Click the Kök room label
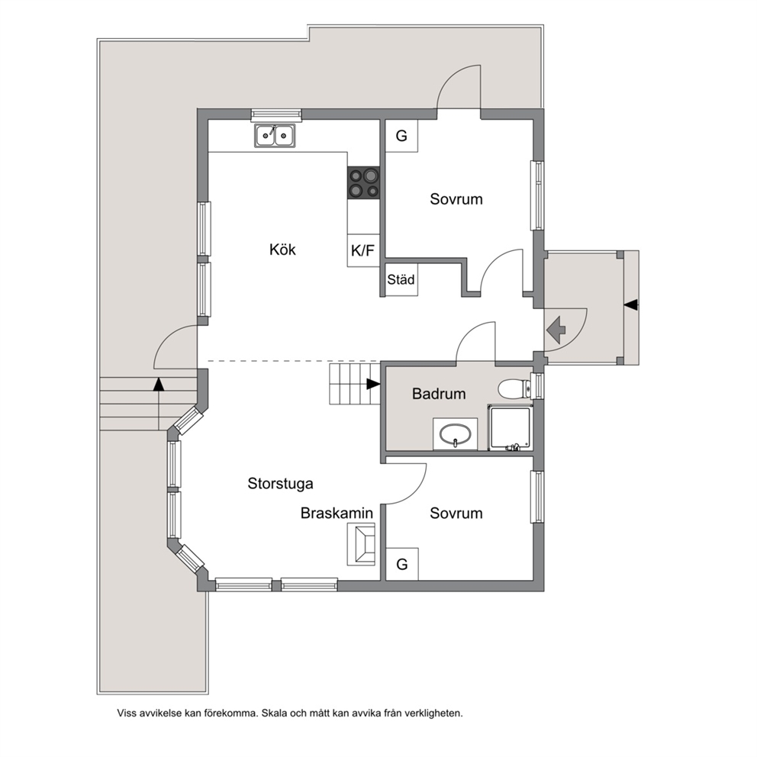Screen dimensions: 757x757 click(282, 250)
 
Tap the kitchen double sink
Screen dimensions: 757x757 click(275, 135)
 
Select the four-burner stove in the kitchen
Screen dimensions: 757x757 click(363, 182)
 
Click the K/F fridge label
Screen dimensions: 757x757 click(362, 250)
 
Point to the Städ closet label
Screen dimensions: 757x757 click(401, 279)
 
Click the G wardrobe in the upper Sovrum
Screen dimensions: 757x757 click(401, 136)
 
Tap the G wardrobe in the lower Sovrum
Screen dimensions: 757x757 click(401, 564)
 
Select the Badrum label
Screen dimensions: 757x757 click(439, 394)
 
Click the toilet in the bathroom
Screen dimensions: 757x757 click(514, 388)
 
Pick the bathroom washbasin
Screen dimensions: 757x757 click(455, 434)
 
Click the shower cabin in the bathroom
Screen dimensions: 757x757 click(511, 428)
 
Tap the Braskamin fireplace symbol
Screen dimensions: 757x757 click(361, 544)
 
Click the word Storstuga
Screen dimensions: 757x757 click(281, 483)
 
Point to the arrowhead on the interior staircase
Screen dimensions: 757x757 click(373, 384)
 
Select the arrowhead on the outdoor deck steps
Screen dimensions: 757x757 click(159, 385)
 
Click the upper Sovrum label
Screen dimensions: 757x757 click(456, 199)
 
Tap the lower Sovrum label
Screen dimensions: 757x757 click(456, 513)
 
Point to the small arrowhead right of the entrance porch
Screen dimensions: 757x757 click(631, 305)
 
